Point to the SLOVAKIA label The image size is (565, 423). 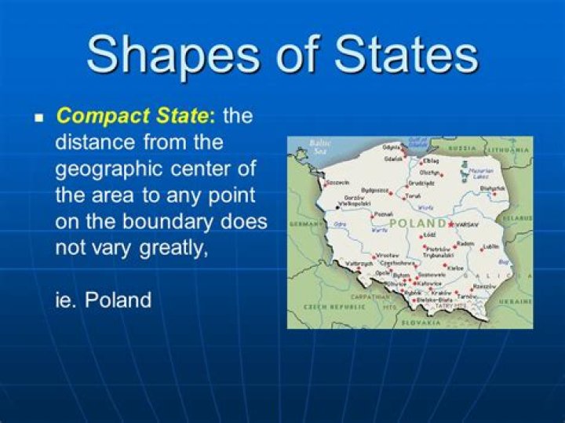(x=422, y=322)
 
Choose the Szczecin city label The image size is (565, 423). (x=337, y=181)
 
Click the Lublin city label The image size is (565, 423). (x=491, y=246)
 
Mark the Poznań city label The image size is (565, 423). (x=384, y=213)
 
